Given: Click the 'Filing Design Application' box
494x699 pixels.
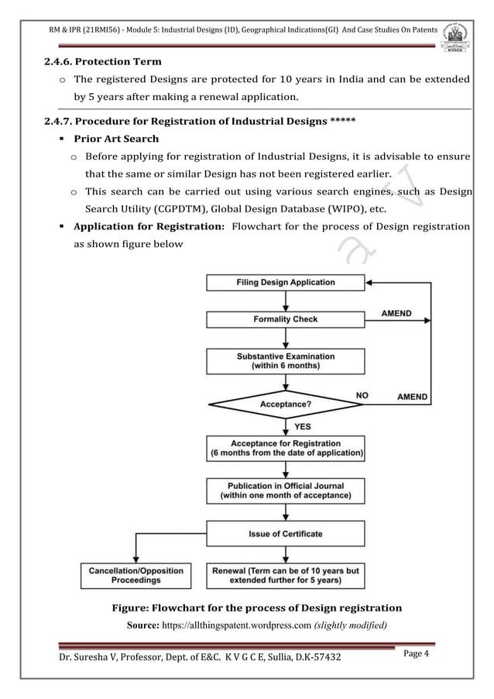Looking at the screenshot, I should click(285, 283).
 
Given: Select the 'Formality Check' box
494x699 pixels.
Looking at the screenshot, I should click(285, 319).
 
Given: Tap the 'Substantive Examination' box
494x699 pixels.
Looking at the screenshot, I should click(285, 361).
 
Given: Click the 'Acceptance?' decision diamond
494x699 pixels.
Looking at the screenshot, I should click(285, 404).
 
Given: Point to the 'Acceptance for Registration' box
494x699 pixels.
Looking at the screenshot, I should click(285, 448).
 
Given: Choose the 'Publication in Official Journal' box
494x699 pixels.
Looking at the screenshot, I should click(285, 491).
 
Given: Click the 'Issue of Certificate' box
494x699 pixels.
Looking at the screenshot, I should click(285, 533).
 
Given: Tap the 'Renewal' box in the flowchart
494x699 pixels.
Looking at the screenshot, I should click(285, 575).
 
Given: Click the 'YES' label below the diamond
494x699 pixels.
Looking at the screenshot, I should click(304, 426).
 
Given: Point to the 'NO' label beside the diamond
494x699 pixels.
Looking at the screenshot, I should click(362, 395).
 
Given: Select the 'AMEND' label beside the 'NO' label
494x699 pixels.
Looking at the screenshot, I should click(412, 396).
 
